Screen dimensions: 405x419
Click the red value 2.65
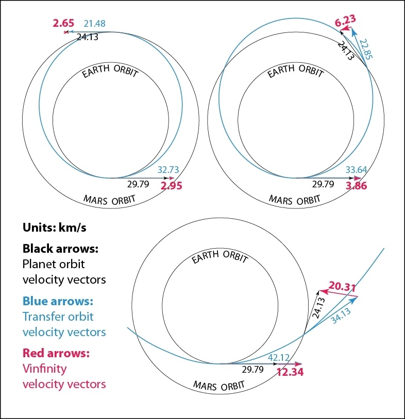coord(63,23)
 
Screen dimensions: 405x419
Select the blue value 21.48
coord(96,24)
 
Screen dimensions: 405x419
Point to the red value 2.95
coord(172,186)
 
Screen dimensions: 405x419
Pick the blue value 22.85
coord(366,50)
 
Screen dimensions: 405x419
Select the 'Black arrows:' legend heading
coord(60,249)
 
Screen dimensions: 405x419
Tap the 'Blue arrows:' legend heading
coord(57,301)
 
